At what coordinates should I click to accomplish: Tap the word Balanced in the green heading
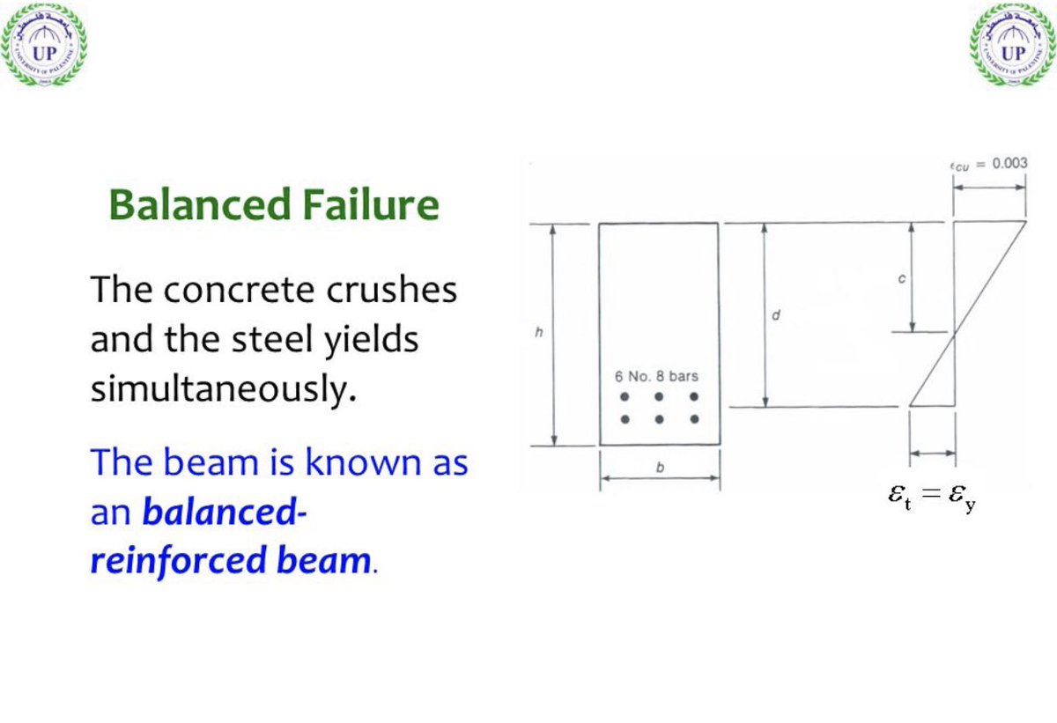coord(197,205)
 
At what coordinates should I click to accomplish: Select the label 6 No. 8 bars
coord(656,376)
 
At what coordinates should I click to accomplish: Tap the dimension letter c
coord(901,277)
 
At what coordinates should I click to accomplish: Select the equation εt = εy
coord(932,497)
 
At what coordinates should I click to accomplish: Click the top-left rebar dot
coord(625,397)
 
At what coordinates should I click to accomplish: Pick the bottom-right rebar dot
coord(695,419)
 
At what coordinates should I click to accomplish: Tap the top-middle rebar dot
coord(660,397)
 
